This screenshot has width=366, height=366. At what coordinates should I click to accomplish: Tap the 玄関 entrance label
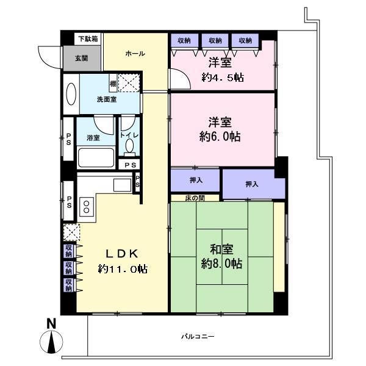[81, 59]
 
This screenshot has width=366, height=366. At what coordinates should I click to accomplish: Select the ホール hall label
[135, 54]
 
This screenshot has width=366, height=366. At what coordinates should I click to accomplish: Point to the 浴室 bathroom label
[93, 137]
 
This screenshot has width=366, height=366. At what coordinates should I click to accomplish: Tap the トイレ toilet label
[129, 135]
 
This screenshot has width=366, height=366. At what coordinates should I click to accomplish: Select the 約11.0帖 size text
[123, 269]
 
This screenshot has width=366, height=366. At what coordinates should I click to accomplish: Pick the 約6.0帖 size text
[220, 137]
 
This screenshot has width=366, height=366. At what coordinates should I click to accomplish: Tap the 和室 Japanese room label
[221, 249]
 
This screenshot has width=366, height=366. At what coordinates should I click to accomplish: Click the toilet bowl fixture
[129, 146]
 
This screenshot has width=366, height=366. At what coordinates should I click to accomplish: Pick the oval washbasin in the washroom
[71, 96]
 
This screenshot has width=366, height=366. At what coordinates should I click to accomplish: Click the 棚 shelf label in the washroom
[113, 83]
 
